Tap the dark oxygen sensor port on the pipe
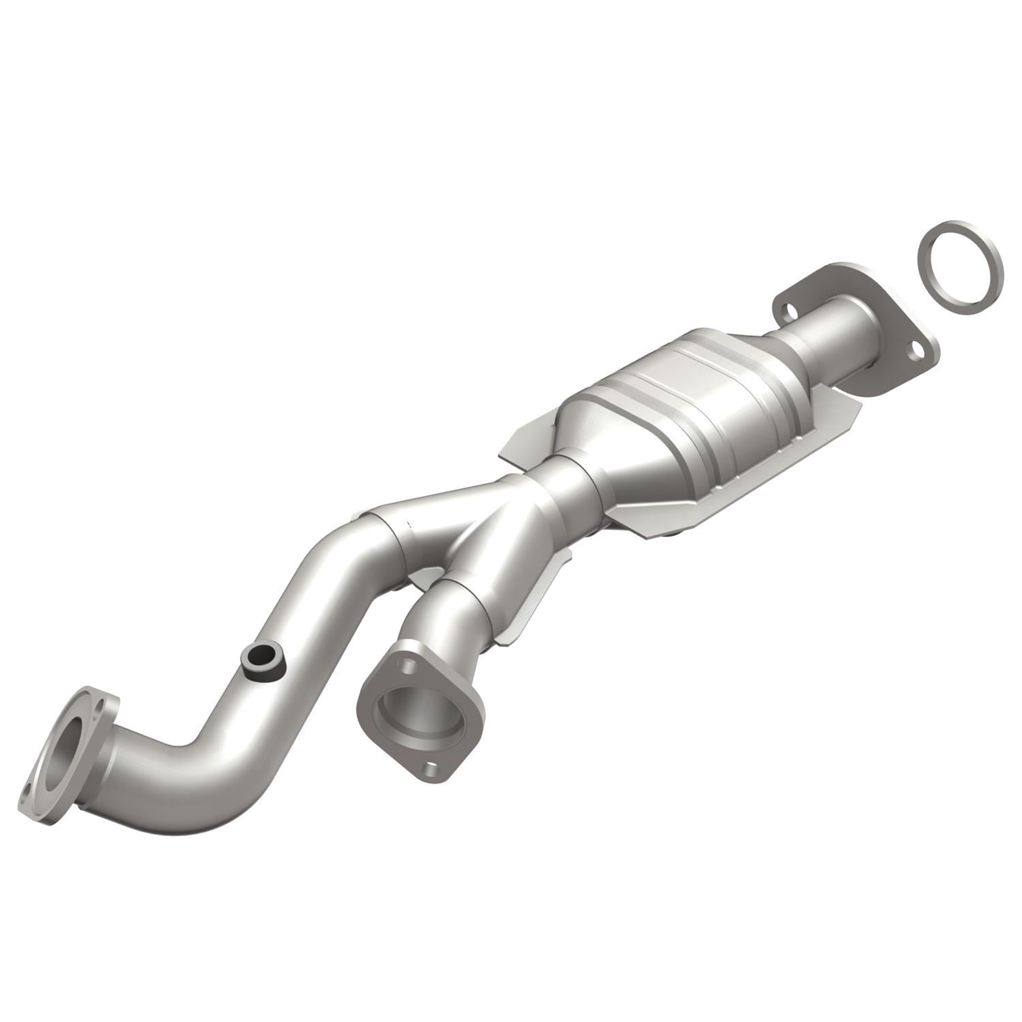[x=262, y=659]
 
